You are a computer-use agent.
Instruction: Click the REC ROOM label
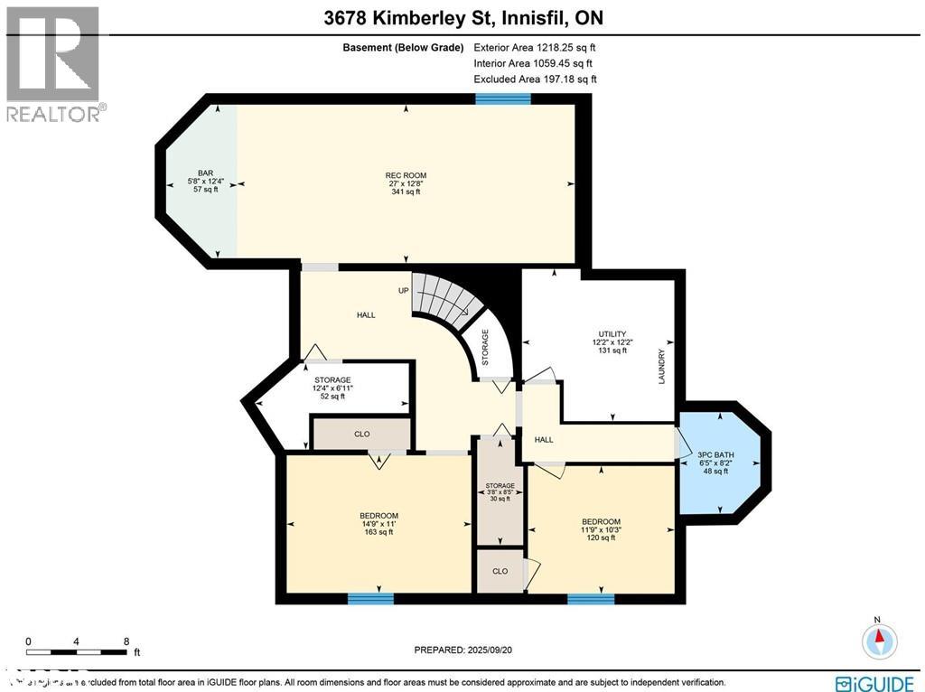point(406,183)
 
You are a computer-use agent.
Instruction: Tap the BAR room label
point(205,181)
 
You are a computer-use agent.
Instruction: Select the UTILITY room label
point(612,342)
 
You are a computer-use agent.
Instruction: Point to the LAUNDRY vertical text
point(661,366)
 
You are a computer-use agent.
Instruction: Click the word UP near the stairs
point(404,291)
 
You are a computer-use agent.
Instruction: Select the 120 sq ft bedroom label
point(601,529)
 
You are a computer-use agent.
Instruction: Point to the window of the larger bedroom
point(370,597)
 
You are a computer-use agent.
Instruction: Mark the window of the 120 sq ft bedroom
point(591,597)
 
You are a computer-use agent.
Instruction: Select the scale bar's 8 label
point(126,641)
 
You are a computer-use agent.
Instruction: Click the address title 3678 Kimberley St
point(462,16)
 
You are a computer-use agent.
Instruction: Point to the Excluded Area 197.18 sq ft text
point(535,79)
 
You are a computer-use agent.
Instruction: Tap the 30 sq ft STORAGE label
point(500,491)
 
